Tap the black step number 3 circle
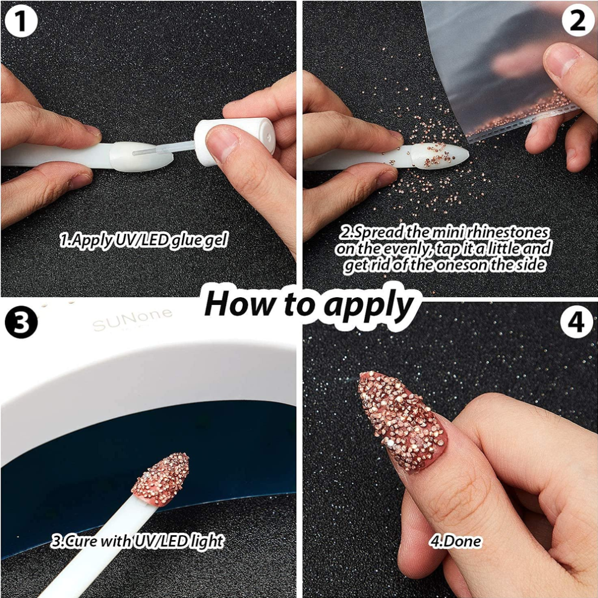[x=21, y=323]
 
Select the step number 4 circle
[x=577, y=323]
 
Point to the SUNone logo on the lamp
[x=132, y=320]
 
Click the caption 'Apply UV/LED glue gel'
[x=144, y=240]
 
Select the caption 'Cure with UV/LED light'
[x=137, y=541]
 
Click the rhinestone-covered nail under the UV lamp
[x=161, y=478]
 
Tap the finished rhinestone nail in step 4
[x=403, y=420]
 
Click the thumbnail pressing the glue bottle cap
[x=223, y=145]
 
